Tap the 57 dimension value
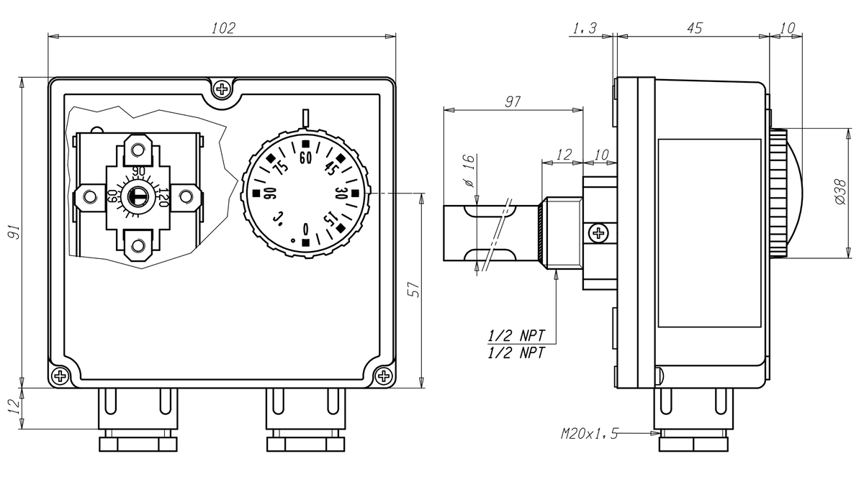(414, 289)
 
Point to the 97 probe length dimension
(512, 102)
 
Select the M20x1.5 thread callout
(589, 434)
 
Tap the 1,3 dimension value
(584, 28)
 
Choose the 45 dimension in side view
(694, 28)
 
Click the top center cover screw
(222, 89)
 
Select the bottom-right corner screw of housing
(384, 376)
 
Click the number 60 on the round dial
(305, 158)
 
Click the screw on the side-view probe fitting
(598, 232)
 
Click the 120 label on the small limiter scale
(163, 197)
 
